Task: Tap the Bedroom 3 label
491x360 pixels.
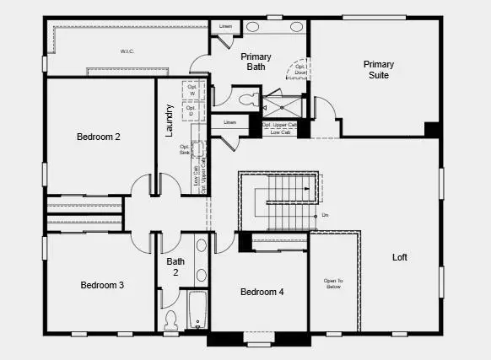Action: pos(102,285)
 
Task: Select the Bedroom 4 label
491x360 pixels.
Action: pos(262,293)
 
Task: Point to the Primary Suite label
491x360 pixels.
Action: pos(378,69)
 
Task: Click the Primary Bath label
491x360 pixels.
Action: pos(256,62)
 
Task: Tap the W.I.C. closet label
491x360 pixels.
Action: pos(127,51)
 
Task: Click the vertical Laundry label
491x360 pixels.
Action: pos(170,120)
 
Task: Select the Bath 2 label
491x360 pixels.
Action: pos(175,266)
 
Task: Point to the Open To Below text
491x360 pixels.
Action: pos(333,284)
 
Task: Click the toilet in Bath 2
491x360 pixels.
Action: pos(170,320)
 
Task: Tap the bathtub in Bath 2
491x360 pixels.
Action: pos(197,309)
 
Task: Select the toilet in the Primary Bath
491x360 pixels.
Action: pos(245,99)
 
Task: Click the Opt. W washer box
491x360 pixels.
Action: pos(191,90)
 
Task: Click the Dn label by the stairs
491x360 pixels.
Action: pos(325,215)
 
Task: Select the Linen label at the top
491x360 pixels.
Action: pos(225,27)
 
